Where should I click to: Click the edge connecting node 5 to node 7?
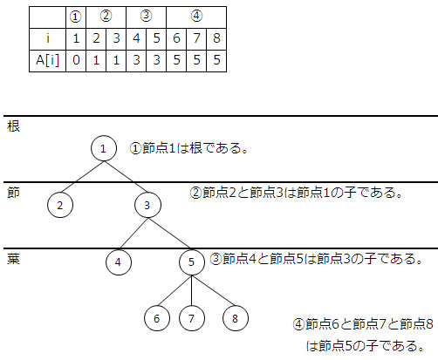192,290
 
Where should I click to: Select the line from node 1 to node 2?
82,176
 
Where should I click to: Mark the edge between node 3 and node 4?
133,234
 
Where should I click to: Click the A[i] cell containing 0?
76,61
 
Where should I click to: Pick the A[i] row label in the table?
47,61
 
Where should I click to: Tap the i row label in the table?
47,39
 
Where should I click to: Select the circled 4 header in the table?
196,17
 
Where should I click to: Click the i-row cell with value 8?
216,39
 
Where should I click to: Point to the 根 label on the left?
13,126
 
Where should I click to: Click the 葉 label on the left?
13,259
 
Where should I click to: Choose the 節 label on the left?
13,193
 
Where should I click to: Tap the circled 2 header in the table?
106,17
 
